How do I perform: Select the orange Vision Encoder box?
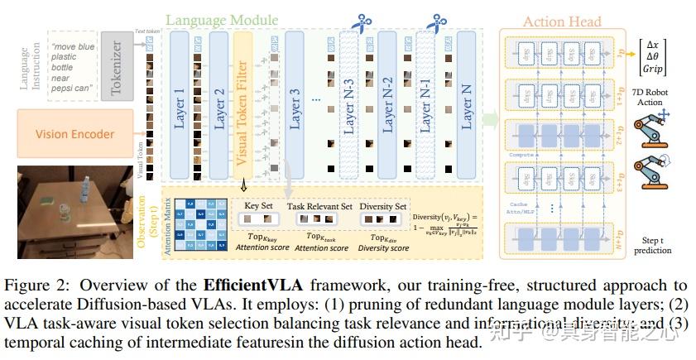(x=74, y=134)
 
